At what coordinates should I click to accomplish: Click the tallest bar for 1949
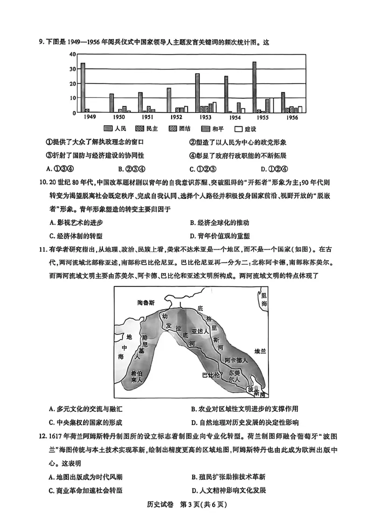[x=83, y=88]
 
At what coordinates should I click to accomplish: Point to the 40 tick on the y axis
[x=72, y=54]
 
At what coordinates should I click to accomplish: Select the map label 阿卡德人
[x=235, y=361]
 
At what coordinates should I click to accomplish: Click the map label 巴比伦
[x=211, y=375]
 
